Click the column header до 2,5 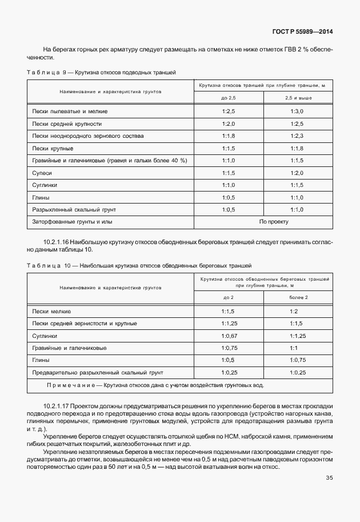coord(229,99)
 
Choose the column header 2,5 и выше coord(297,99)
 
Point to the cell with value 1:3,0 coord(297,111)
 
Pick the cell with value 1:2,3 coord(297,136)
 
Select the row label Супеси coord(42,173)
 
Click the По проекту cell coord(274,221)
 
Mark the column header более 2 coord(298,298)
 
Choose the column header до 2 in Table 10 coord(229,298)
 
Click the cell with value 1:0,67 coord(229,336)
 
